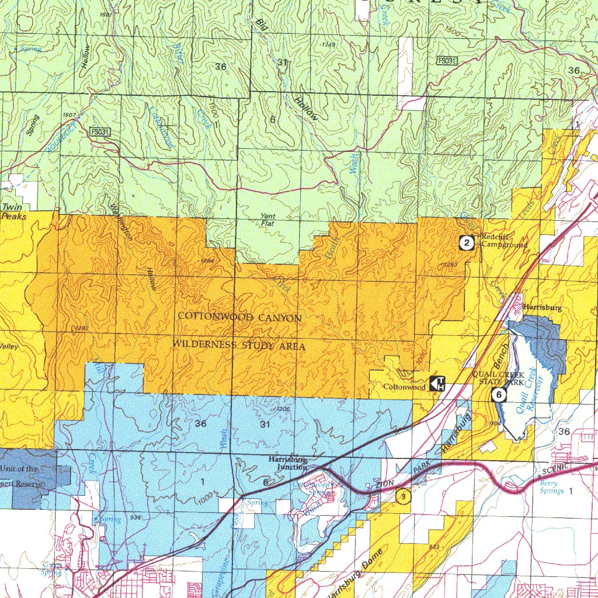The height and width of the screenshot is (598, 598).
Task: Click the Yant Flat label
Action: (268, 220)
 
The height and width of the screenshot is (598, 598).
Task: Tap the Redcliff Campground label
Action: (504, 241)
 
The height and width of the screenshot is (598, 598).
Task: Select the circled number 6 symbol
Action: (499, 395)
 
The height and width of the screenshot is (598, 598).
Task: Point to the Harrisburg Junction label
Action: (288, 463)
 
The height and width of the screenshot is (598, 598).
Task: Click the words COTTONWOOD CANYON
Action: (239, 318)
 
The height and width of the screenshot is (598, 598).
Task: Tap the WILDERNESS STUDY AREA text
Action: (239, 346)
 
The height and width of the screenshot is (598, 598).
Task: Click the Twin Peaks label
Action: (13, 211)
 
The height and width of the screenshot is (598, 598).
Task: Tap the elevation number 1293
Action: (450, 265)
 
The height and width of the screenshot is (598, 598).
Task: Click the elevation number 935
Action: (136, 517)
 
